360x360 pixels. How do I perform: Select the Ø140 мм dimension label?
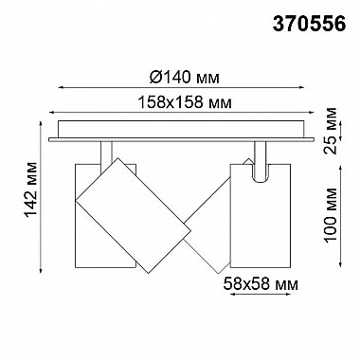point(185,78)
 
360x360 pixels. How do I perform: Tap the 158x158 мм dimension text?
point(186,102)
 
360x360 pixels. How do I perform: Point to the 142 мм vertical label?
point(31,189)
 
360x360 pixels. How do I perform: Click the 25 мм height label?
point(331,130)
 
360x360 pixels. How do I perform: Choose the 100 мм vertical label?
point(331,215)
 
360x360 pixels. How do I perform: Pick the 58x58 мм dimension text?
point(261,284)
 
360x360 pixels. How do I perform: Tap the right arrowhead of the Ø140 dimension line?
point(302,87)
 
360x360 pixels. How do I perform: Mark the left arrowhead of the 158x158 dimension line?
point(51,112)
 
